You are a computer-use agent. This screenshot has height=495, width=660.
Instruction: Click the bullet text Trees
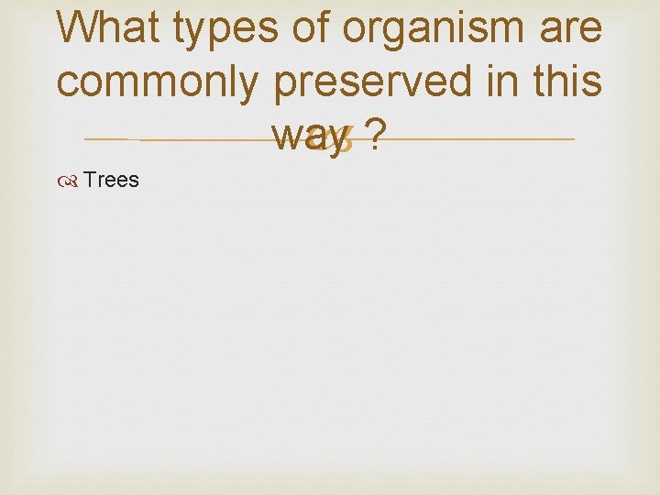[111, 180]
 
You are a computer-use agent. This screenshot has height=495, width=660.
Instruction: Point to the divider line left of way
[183, 139]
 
